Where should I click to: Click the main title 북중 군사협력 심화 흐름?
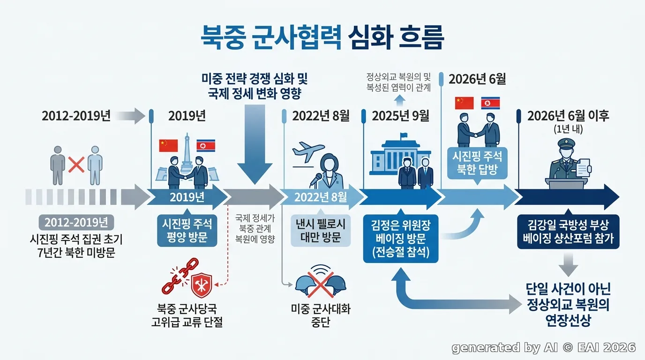tap(322, 37)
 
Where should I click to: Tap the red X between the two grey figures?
tap(76, 165)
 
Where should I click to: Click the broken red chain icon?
tap(180, 276)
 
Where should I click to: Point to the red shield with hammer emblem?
tap(202, 285)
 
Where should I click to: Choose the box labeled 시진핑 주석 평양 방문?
tap(187, 231)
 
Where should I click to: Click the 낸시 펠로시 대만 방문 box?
tap(321, 231)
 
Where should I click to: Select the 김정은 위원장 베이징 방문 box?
tap(400, 239)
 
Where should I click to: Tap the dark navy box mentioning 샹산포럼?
tap(568, 232)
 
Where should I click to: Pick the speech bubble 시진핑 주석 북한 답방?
tap(477, 164)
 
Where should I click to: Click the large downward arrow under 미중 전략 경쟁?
tap(255, 144)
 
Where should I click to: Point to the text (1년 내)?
tap(568, 129)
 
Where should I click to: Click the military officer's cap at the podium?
tap(566, 143)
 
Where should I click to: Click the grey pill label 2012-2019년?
tap(76, 222)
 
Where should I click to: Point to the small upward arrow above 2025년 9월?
tap(400, 100)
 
